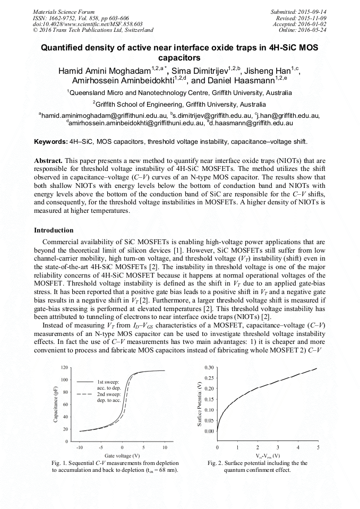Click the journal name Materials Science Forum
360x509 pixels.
[64, 11]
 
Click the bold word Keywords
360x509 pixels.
[50, 142]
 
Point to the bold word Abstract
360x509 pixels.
[48, 160]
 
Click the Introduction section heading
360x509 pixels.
[54, 230]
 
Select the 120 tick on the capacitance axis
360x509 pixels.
[64, 367]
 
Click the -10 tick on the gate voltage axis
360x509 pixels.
[80, 447]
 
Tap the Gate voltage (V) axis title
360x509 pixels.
[122, 455]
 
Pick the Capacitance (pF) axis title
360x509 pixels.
[55, 404]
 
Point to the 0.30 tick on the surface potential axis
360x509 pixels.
[209, 367]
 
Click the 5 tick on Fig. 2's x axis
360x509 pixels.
[318, 447]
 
